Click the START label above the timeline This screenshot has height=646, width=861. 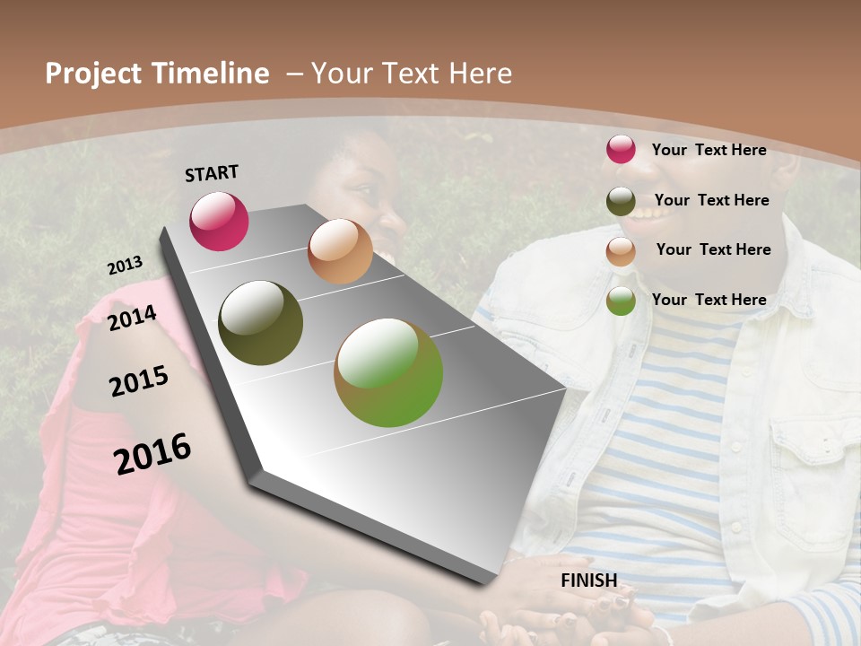click(x=212, y=173)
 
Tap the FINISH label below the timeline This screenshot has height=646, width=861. click(x=588, y=581)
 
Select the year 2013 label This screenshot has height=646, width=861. click(x=125, y=266)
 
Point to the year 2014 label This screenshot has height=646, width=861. click(x=132, y=319)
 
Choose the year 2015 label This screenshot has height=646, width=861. click(x=138, y=381)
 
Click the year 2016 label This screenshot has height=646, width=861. click(x=152, y=454)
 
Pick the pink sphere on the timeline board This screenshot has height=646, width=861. click(x=219, y=221)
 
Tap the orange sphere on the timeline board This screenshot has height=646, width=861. click(x=340, y=251)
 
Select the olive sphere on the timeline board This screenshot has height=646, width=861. click(x=260, y=323)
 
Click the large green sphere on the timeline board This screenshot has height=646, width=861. click(x=388, y=372)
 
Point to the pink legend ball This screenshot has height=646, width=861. click(x=621, y=149)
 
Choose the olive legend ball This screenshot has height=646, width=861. click(x=621, y=201)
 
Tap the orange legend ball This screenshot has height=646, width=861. click(x=621, y=251)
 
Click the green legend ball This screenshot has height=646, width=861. click(x=621, y=301)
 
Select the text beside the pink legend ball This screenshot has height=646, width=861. click(x=709, y=150)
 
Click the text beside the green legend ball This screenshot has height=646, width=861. click(x=709, y=300)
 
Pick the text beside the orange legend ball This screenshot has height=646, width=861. click(x=713, y=249)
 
